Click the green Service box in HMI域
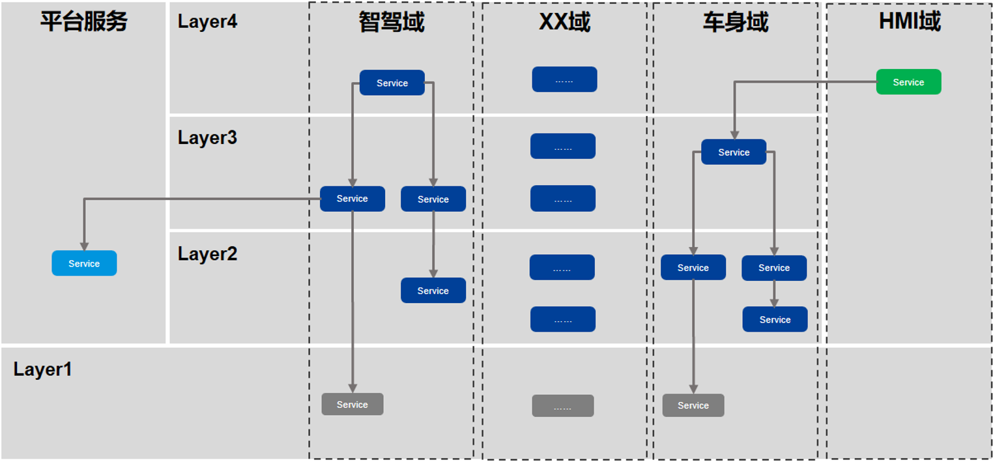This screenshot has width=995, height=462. [x=908, y=81]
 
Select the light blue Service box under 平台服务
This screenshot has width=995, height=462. [x=85, y=263]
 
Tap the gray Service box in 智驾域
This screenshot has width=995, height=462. [x=353, y=404]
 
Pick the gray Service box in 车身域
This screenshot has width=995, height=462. [x=693, y=405]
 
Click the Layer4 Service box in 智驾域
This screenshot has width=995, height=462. [x=392, y=83]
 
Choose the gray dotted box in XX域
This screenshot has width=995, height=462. [x=563, y=405]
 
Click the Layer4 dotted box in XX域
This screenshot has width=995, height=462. [x=564, y=79]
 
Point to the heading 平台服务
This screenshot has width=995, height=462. [x=84, y=22]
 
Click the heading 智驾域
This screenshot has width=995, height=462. [x=392, y=22]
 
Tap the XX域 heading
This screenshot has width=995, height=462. [x=564, y=22]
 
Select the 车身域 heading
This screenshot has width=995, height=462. [x=735, y=22]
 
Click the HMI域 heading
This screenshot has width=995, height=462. [x=909, y=22]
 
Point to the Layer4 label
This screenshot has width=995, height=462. [x=207, y=22]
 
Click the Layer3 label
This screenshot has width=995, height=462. [x=207, y=137]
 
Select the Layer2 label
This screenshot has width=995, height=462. [x=207, y=254]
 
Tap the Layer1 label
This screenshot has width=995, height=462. [x=42, y=369]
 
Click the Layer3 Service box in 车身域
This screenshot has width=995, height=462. [x=734, y=152]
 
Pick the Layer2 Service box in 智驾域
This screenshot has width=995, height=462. [x=433, y=291]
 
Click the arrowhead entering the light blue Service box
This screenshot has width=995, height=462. [x=85, y=246]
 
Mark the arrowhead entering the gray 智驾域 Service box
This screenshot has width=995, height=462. [x=353, y=388]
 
